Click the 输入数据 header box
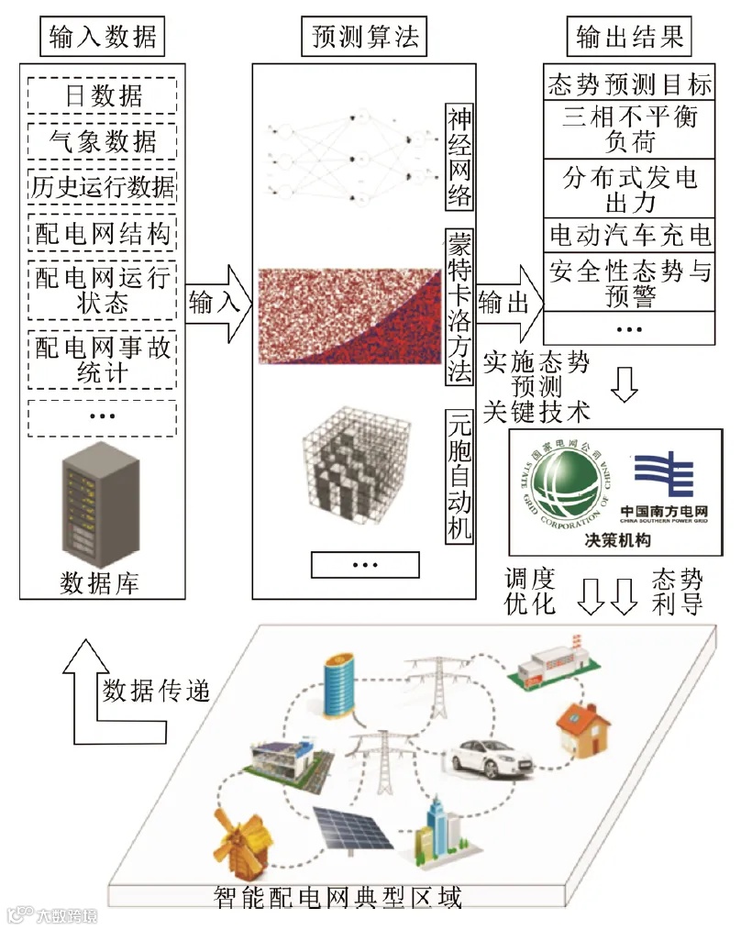pos(101,37)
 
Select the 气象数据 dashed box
pos(102,140)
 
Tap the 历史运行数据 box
pos(102,187)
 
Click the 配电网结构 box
pos(102,234)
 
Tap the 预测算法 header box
pos(364,37)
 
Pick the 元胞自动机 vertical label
pos(459,475)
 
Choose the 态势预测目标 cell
pos(629,85)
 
